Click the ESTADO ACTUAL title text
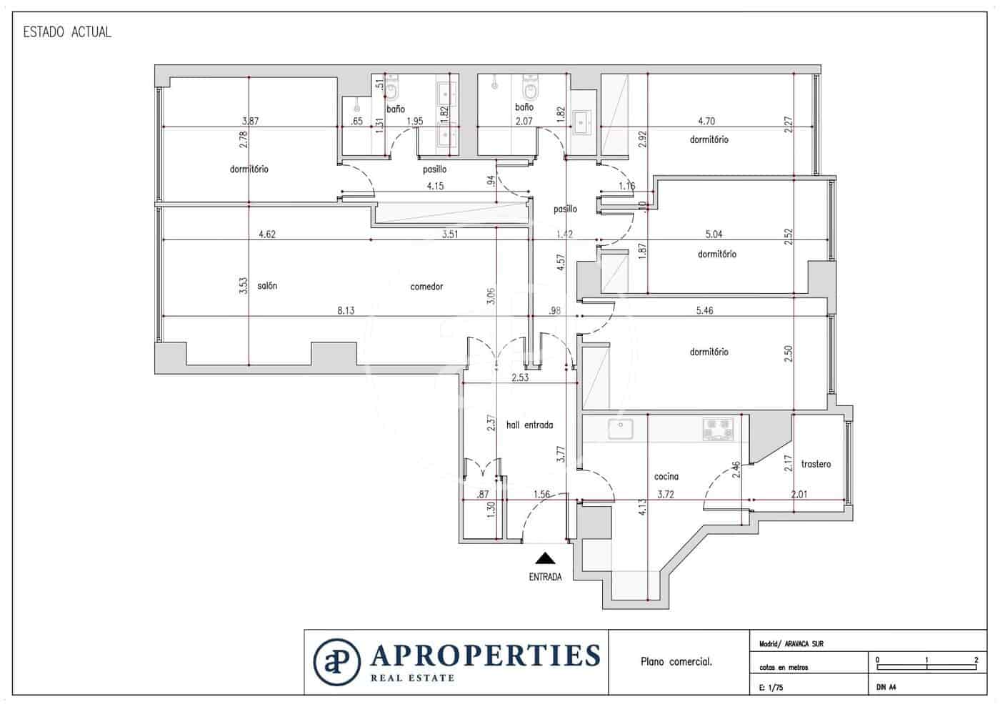coord(67,32)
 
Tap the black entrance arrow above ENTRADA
coord(545,560)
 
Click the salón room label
coord(267,286)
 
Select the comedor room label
coord(426,287)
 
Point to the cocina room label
coord(666,476)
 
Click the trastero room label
coord(816,464)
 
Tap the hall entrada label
coord(529,425)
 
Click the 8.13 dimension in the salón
coord(346,310)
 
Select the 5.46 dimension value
coord(704,310)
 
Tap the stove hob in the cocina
coord(718,429)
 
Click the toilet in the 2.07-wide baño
coord(530,89)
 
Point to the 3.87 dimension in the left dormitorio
coord(250,122)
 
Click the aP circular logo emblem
coord(337,662)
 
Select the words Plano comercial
coord(676,662)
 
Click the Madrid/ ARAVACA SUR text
coord(791,643)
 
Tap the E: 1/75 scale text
coord(771,687)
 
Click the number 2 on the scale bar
coord(976,659)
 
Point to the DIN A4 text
coord(886,687)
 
